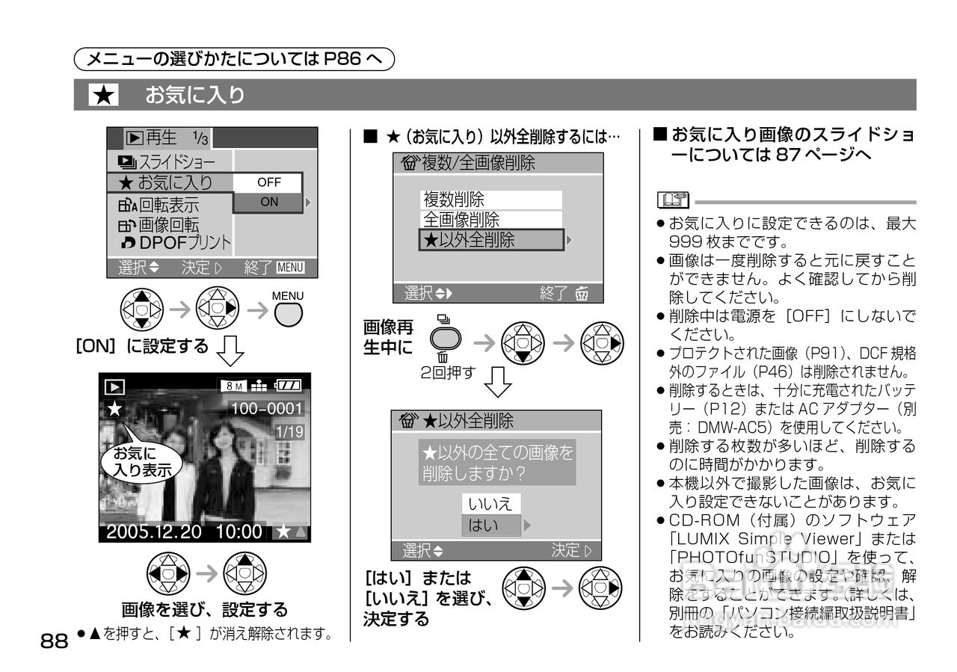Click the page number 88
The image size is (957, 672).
click(54, 641)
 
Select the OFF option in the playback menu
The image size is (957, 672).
click(268, 182)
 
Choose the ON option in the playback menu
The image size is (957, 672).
click(269, 202)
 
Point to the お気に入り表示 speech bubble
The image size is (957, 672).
click(141, 461)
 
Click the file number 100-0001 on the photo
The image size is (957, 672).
click(266, 408)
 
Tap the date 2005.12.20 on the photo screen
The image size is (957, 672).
click(153, 532)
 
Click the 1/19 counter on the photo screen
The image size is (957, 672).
click(289, 432)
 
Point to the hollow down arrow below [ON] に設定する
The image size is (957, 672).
click(230, 350)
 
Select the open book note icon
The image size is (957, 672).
click(671, 200)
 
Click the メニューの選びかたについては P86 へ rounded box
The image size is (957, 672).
click(235, 58)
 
